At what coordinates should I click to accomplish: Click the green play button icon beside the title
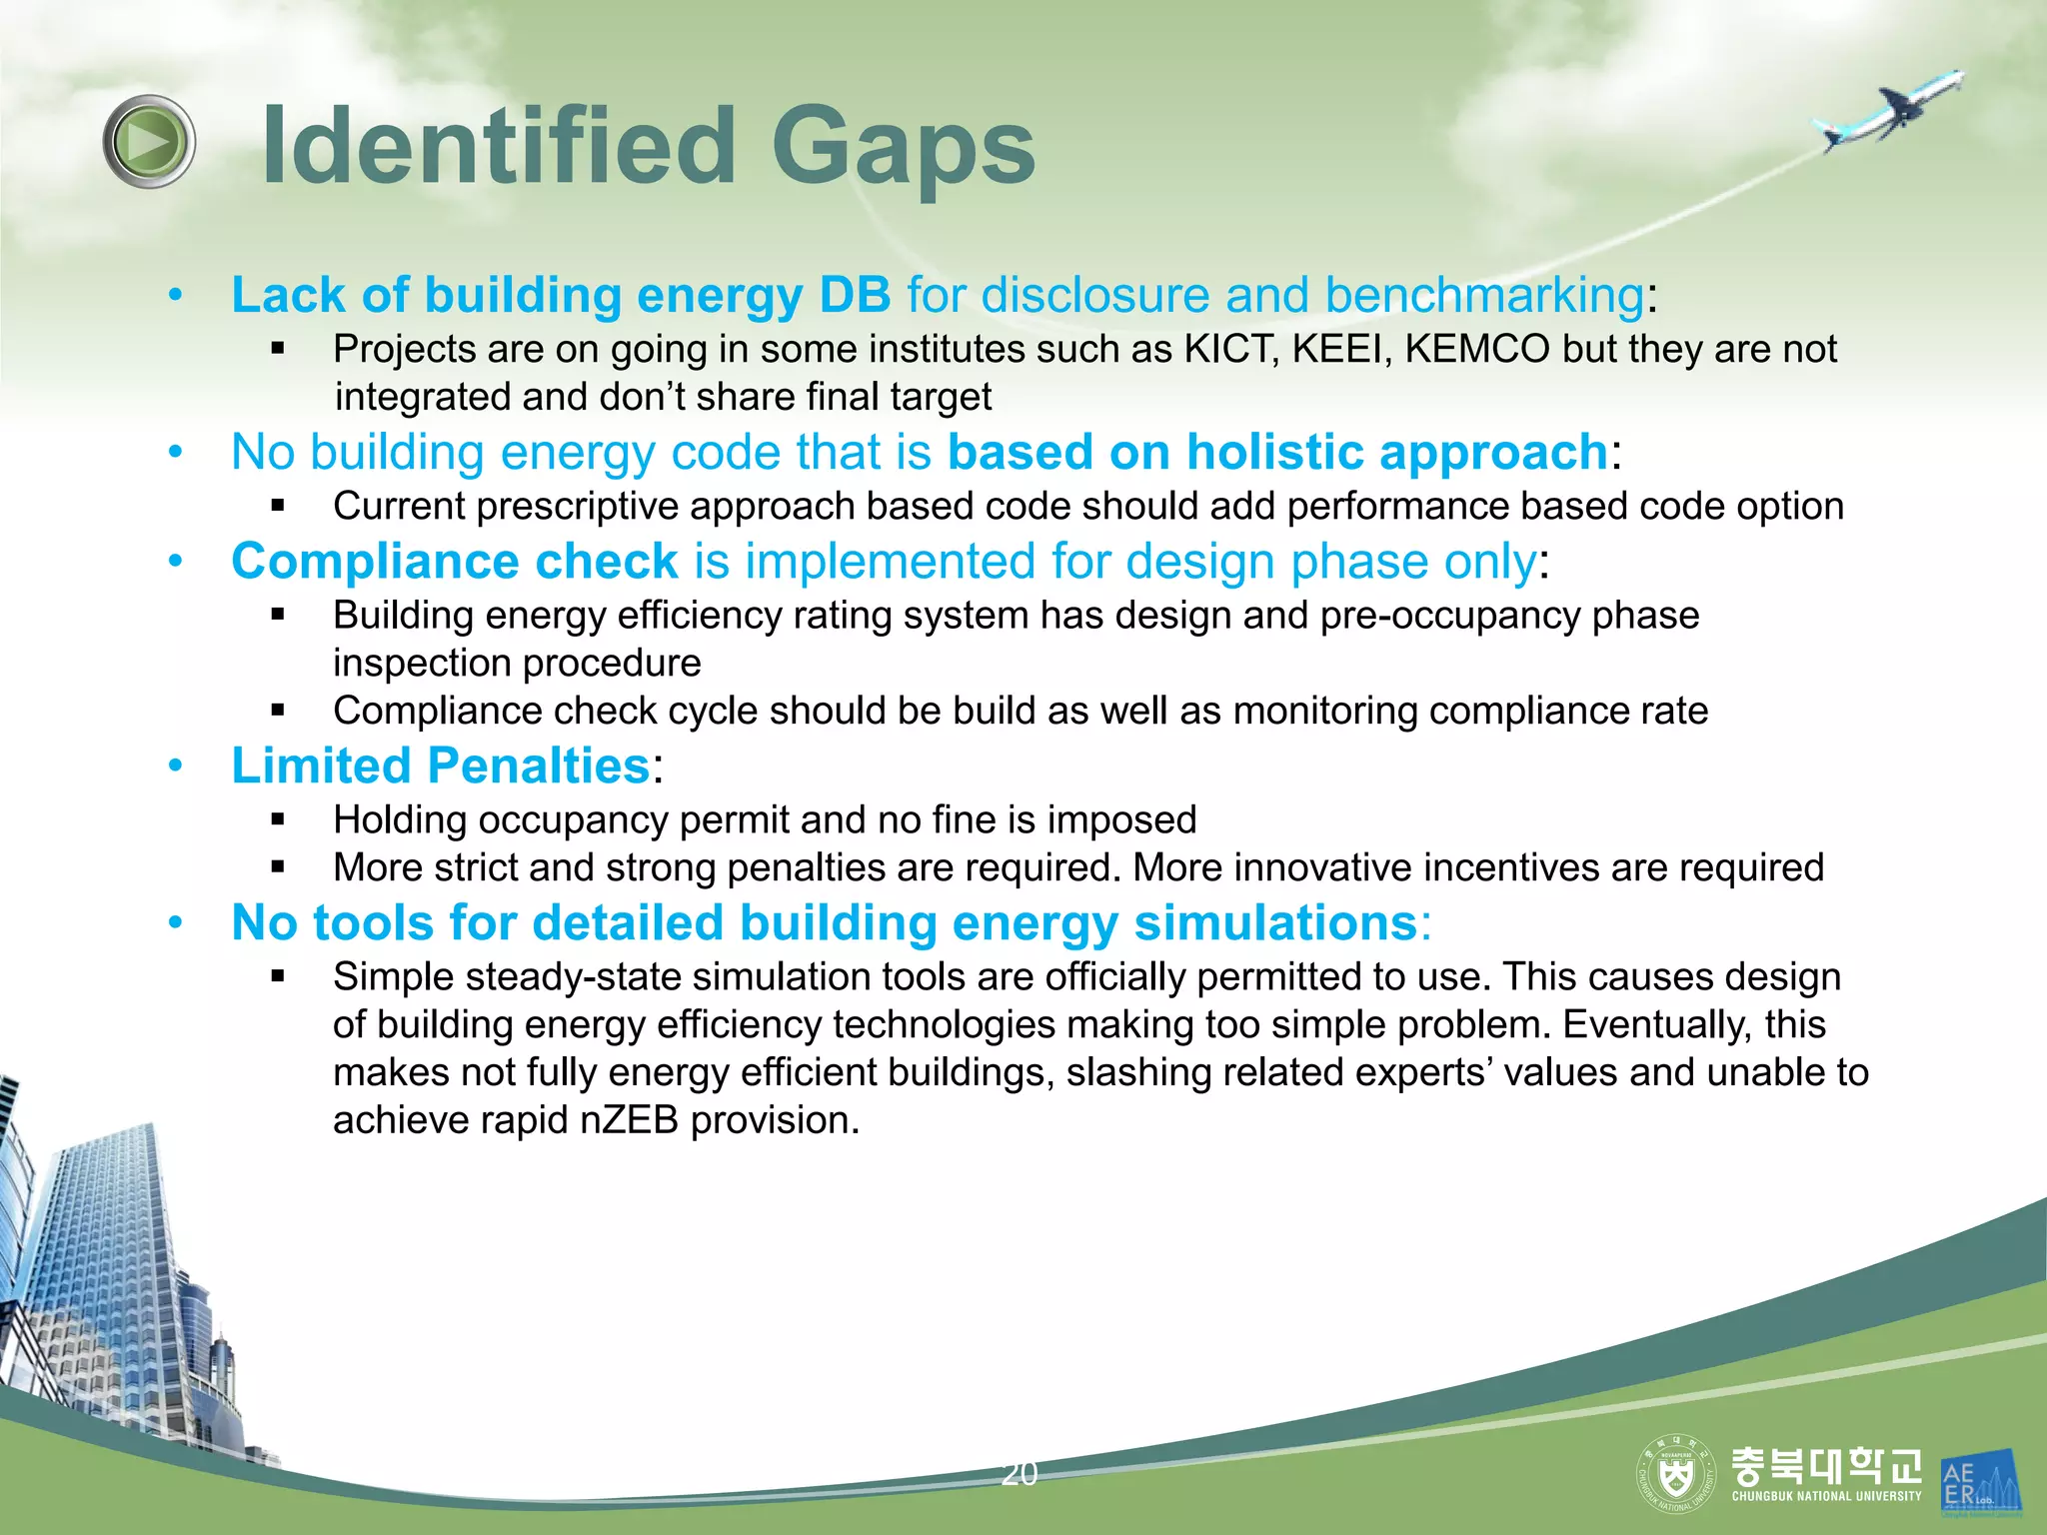click(x=149, y=142)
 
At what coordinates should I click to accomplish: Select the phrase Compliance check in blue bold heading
click(x=455, y=561)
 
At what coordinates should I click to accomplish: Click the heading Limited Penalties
click(x=441, y=767)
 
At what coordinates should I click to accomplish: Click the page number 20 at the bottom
click(x=1020, y=1474)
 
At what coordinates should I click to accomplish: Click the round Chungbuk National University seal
click(x=1676, y=1474)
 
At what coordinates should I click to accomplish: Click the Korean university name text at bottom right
click(x=1825, y=1466)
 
